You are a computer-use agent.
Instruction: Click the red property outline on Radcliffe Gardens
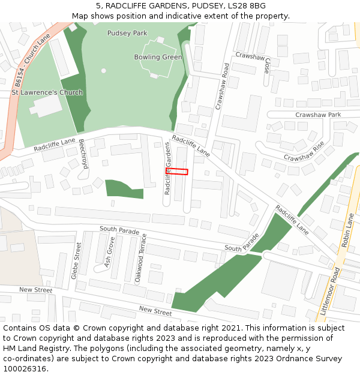click(x=177, y=172)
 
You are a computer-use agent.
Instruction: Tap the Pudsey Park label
click(x=127, y=33)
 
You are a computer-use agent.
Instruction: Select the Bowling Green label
click(x=158, y=57)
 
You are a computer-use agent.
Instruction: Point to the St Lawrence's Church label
click(x=47, y=92)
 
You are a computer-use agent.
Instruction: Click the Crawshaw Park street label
click(x=318, y=115)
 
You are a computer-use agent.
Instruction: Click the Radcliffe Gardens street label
click(x=168, y=168)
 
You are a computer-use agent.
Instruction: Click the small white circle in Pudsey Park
click(x=103, y=71)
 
